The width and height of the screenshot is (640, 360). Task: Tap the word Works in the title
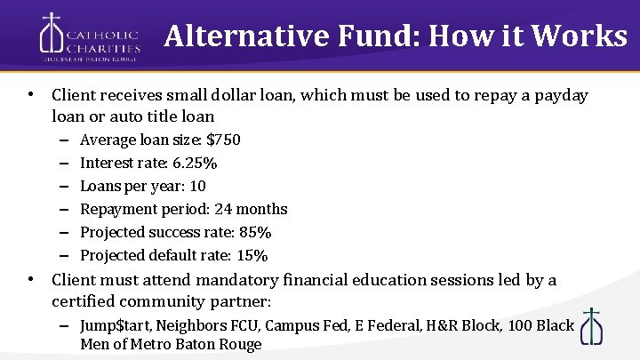582,36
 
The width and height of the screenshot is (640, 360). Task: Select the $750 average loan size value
223,140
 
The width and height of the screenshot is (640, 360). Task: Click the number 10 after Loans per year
197,186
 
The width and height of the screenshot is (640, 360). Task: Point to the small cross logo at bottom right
591,326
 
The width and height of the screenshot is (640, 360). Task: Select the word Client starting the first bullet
73,95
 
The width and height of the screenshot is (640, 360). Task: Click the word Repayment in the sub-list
116,209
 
